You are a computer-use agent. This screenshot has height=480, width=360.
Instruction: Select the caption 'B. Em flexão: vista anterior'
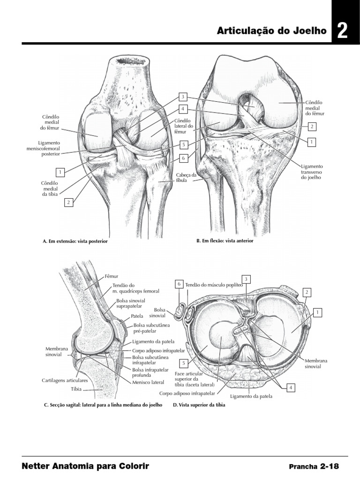225,241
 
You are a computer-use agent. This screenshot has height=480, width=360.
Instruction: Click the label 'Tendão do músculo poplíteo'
214,285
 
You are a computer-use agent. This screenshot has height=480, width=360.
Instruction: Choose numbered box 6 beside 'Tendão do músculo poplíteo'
179,284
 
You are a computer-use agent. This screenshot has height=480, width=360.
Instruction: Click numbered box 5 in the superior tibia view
184,363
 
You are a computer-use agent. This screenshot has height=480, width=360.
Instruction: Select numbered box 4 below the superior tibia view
291,388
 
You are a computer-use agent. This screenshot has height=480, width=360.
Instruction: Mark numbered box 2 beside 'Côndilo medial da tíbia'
68,202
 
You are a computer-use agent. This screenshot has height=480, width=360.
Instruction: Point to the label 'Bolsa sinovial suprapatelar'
133,303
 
